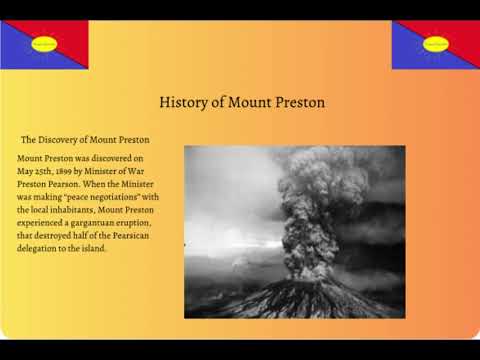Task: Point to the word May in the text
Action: (27, 171)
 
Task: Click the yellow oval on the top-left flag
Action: (45, 43)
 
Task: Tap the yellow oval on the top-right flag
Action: (436, 43)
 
